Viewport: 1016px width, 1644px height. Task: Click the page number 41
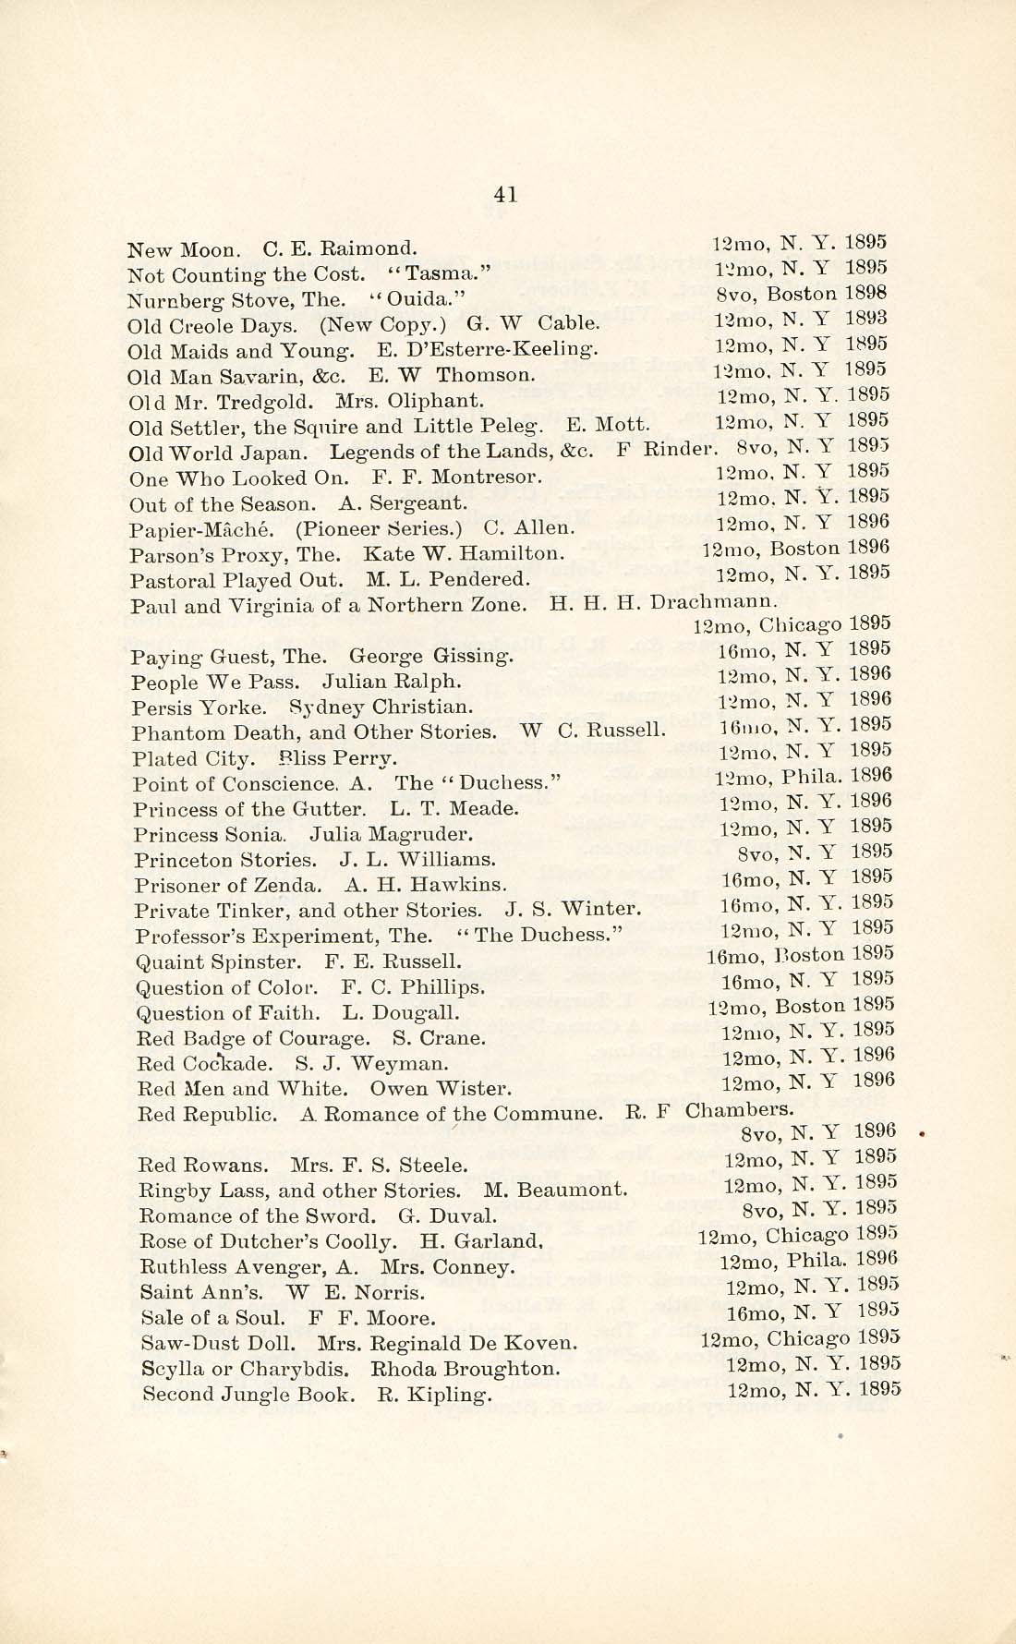(x=505, y=194)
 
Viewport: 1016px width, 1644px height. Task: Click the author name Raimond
(x=377, y=249)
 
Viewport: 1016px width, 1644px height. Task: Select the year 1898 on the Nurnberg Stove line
(x=867, y=294)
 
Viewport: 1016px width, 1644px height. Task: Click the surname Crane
(x=457, y=1038)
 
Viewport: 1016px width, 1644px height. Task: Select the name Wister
(x=476, y=1089)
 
